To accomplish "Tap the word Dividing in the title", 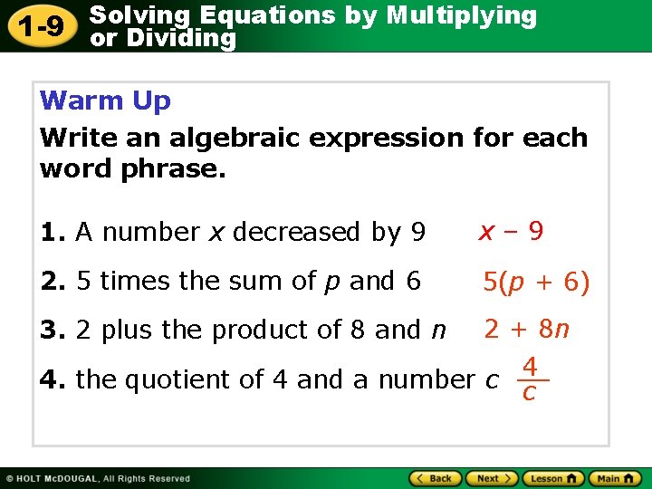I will (181, 38).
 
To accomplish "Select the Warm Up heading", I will (105, 101).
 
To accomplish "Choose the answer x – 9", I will (512, 232).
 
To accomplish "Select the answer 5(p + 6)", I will (536, 283).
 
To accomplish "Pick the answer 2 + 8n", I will (527, 329).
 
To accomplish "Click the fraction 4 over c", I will (531, 379).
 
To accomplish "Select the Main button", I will (613, 478).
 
